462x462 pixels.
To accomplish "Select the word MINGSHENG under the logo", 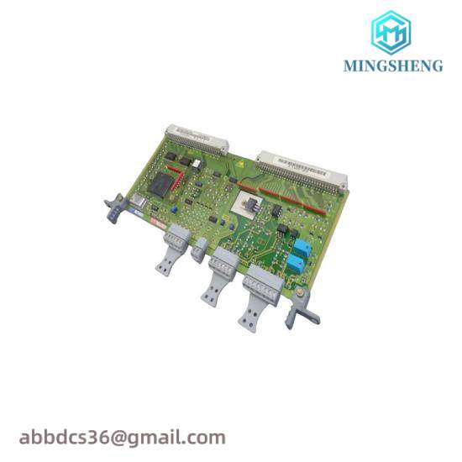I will click(x=392, y=66).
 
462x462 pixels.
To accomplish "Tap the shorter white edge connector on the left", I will click(x=194, y=137).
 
